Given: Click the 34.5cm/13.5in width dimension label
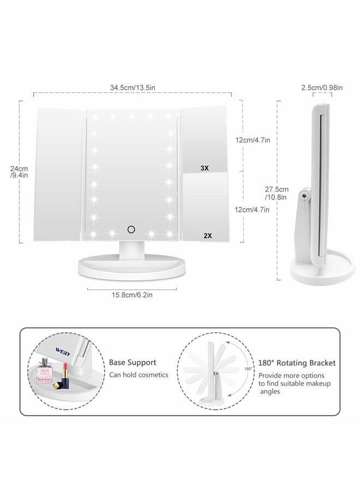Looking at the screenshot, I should (133, 87).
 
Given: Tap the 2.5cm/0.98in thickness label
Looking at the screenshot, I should (322, 87).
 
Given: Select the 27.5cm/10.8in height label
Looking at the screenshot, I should (277, 193).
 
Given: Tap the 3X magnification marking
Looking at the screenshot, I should (205, 169).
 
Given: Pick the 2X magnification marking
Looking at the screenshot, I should (207, 236).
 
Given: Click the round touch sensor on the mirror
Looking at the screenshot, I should (131, 229).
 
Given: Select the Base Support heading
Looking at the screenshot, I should (133, 362).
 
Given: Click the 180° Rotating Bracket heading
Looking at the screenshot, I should (297, 363).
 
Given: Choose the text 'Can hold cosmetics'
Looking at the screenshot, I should (139, 375).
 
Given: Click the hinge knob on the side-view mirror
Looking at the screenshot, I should (308, 193).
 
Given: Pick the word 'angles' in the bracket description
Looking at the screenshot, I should (270, 392).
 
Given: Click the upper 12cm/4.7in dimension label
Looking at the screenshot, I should (253, 140).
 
